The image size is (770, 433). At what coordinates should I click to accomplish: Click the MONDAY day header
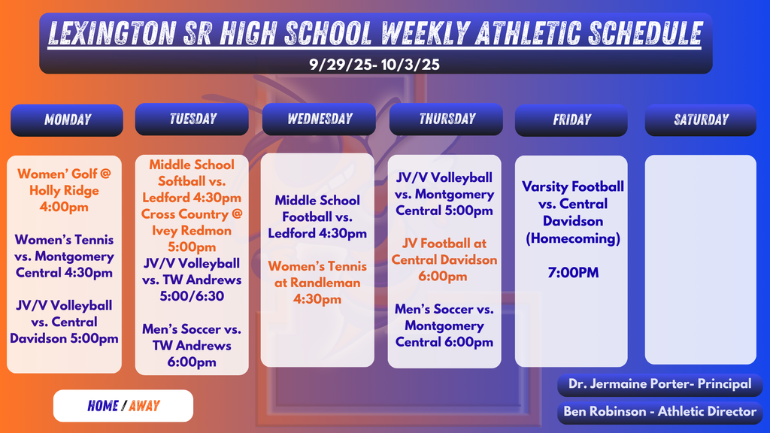[x=67, y=120]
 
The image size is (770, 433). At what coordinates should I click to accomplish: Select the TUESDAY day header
[x=192, y=120]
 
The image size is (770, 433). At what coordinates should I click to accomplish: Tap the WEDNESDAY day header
[x=320, y=120]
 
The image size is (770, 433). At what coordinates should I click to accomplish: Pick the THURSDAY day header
[x=447, y=120]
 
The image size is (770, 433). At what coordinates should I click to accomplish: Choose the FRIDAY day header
[x=571, y=120]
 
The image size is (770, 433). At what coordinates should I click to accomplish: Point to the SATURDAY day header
[x=701, y=120]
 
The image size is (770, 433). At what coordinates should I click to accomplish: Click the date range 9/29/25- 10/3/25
[x=374, y=65]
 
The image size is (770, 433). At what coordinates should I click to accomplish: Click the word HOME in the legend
[x=103, y=406]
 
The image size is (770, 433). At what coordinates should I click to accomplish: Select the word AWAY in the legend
[x=144, y=406]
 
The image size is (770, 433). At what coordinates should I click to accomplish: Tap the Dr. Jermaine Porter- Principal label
[x=659, y=384]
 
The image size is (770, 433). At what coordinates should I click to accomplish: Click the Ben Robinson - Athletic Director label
[x=659, y=411]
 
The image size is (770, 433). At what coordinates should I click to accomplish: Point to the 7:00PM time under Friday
[x=573, y=273]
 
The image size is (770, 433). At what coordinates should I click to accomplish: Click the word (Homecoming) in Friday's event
[x=573, y=239]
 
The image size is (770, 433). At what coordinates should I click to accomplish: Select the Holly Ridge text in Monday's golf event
[x=64, y=191]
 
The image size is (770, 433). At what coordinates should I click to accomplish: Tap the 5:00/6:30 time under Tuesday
[x=192, y=296]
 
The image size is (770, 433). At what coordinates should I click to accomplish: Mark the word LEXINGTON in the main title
[x=113, y=33]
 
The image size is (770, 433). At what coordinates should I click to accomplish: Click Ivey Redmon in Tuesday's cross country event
[x=192, y=231]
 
